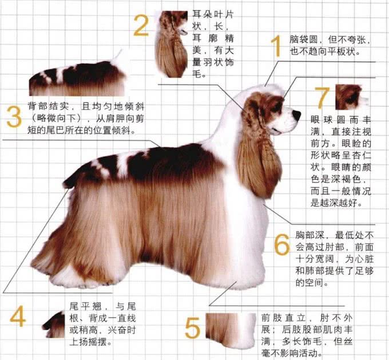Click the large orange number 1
pyautogui.click(x=276, y=46)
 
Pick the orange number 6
pyautogui.click(x=281, y=245)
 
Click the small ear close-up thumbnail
pyautogui.click(x=172, y=43)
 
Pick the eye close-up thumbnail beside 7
pyautogui.click(x=348, y=97)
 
